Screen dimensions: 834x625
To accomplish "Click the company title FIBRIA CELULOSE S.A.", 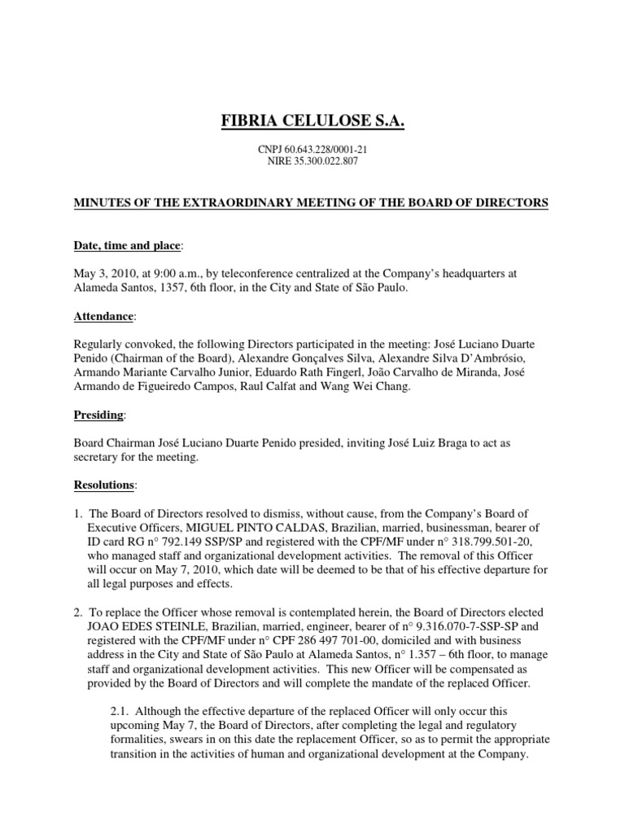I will pyautogui.click(x=313, y=122).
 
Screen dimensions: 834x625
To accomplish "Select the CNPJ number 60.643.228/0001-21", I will pyautogui.click(x=324, y=150).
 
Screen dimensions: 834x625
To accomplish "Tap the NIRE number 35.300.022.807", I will pyautogui.click(x=324, y=161).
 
